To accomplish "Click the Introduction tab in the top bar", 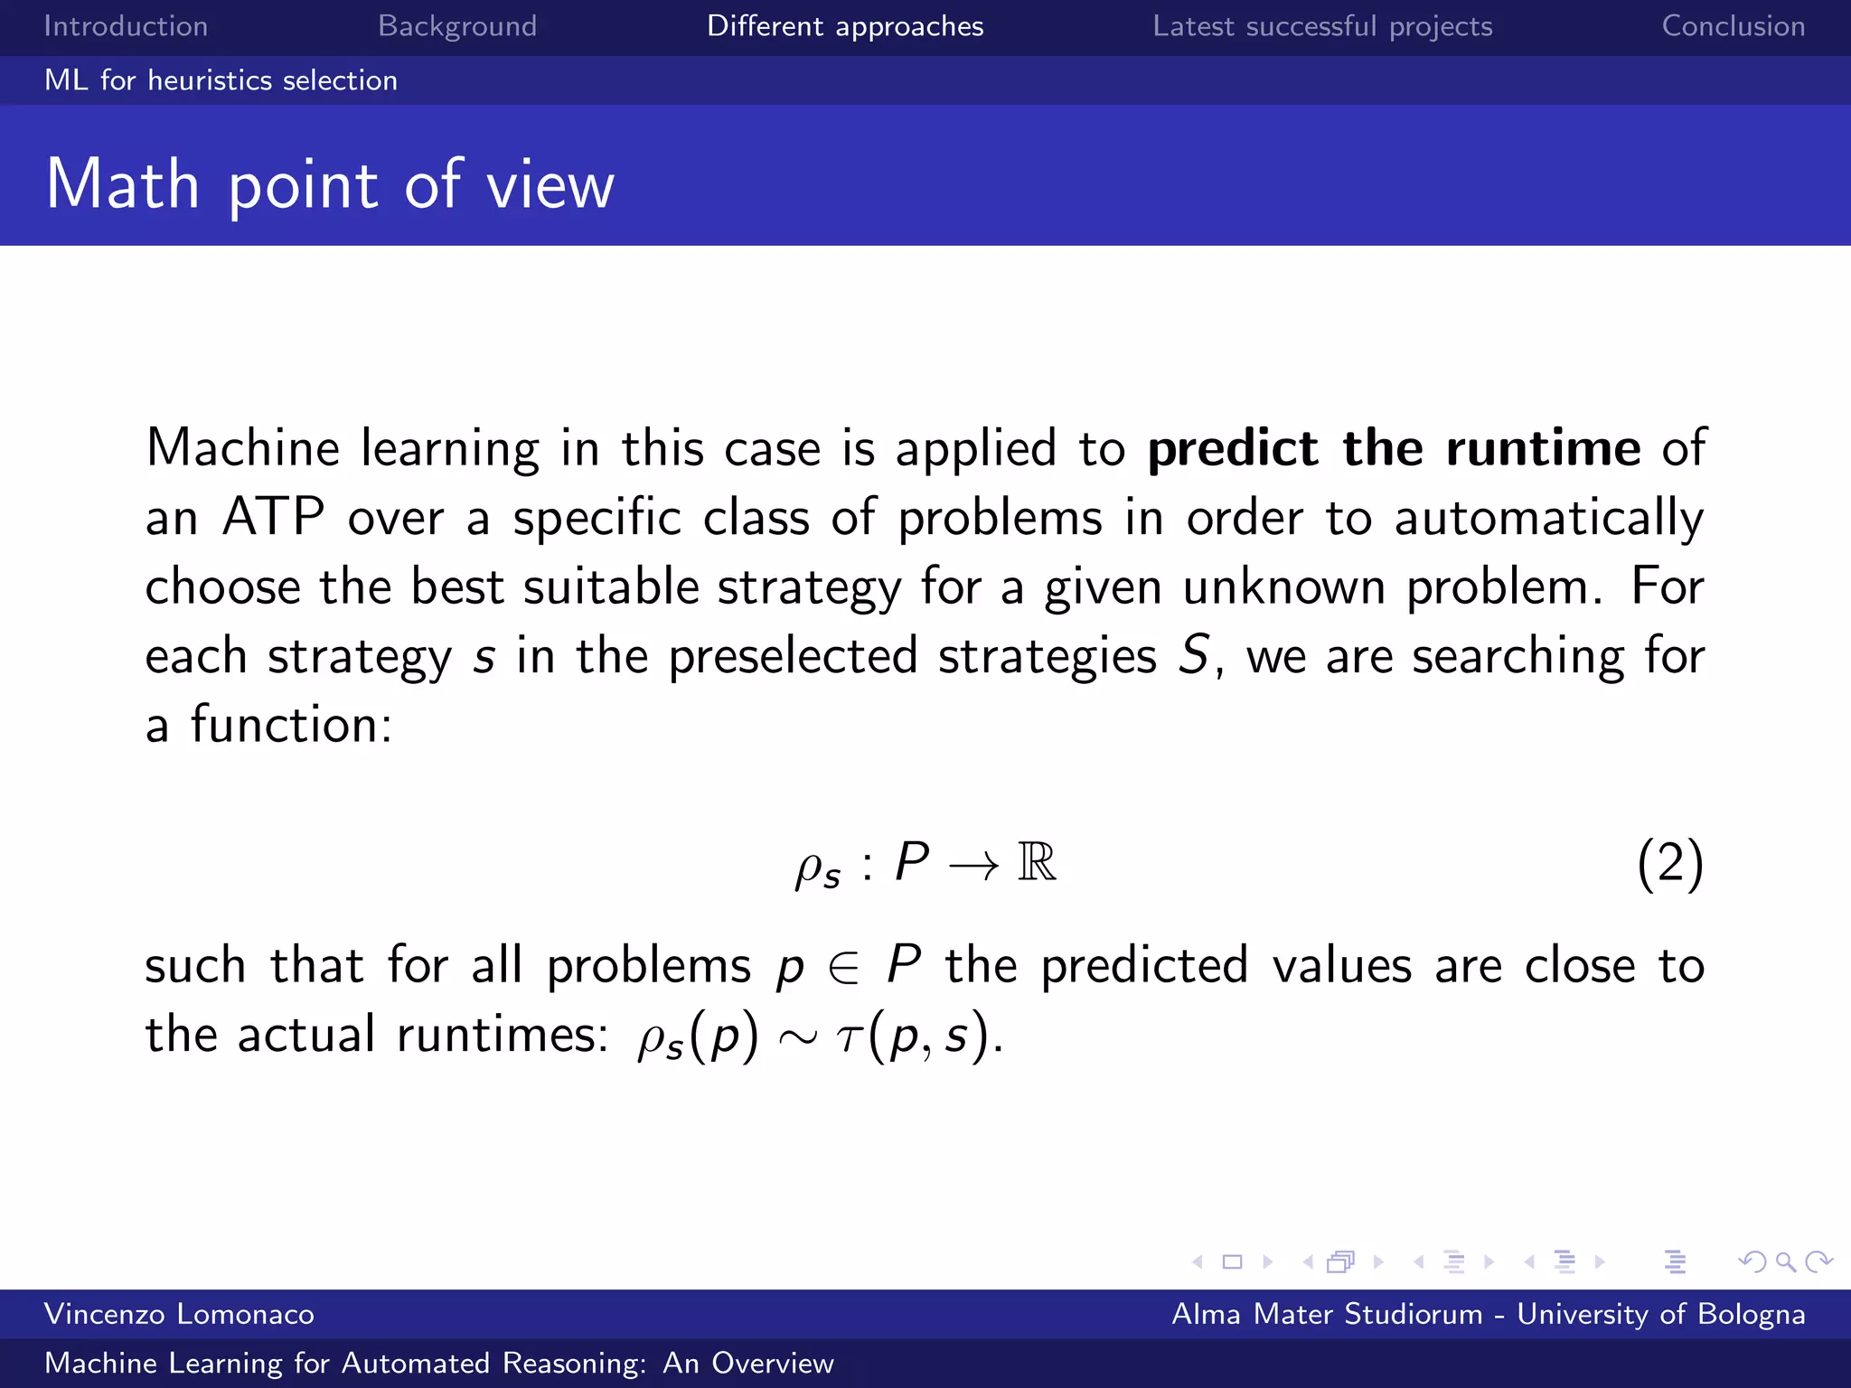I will pyautogui.click(x=126, y=26).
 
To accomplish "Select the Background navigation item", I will pyautogui.click(x=457, y=26).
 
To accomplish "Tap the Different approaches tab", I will pyautogui.click(x=845, y=26).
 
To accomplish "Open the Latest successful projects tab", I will pyautogui.click(x=1322, y=26).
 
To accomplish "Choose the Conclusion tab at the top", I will pyautogui.click(x=1733, y=26).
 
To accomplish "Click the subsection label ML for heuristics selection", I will pyautogui.click(x=221, y=80).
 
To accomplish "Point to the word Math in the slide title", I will pyautogui.click(x=123, y=184).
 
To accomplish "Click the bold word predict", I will pyautogui.click(x=1233, y=448).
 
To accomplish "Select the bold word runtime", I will pyautogui.click(x=1543, y=448).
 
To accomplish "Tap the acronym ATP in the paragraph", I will pyautogui.click(x=273, y=517).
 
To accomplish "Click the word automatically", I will pyautogui.click(x=1548, y=519).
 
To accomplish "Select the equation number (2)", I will pyautogui.click(x=1669, y=863).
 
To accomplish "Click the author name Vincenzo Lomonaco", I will pyautogui.click(x=179, y=1314).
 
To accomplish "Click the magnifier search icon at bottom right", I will pyautogui.click(x=1784, y=1261).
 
